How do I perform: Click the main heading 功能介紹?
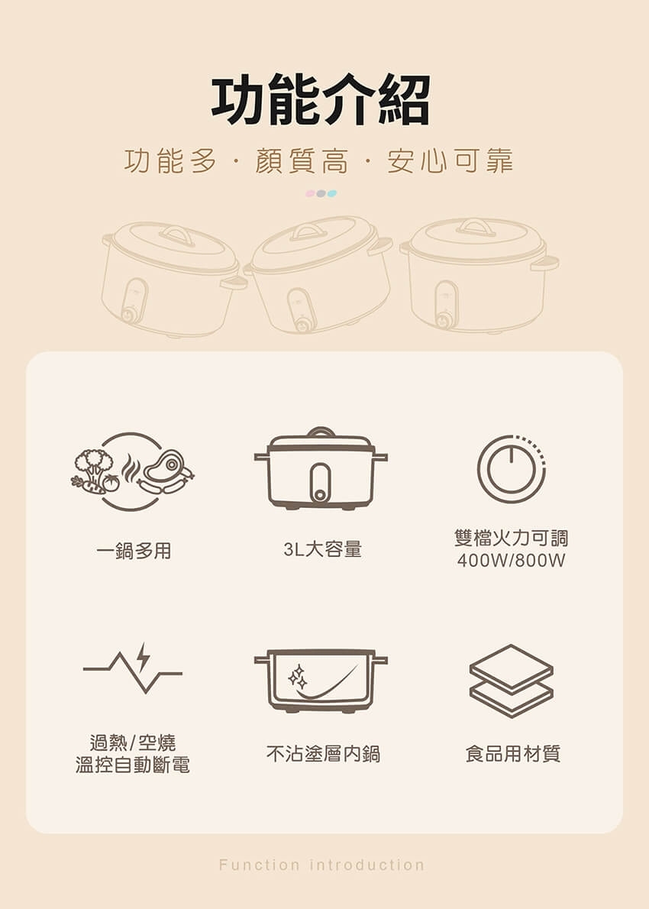(x=321, y=100)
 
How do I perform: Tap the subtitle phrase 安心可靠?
(x=450, y=162)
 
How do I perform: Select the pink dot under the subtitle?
(x=310, y=193)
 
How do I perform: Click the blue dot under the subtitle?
(x=332, y=193)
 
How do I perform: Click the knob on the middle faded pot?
(x=303, y=325)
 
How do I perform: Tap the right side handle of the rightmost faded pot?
(x=546, y=263)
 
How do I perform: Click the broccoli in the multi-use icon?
(x=94, y=462)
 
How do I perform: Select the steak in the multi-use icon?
(x=170, y=464)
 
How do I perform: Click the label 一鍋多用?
(x=134, y=550)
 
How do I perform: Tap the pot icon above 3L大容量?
(x=321, y=470)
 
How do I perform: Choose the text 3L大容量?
(x=322, y=549)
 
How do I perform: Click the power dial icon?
(x=512, y=469)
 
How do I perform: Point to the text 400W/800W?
(x=511, y=561)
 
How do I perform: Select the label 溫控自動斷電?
(x=133, y=765)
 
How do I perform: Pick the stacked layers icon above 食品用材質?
(x=511, y=680)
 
